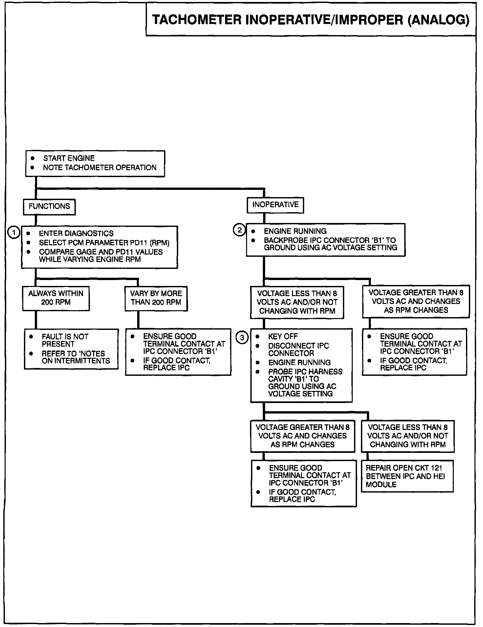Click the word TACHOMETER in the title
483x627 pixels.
[x=197, y=20]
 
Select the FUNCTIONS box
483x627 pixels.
[x=49, y=207]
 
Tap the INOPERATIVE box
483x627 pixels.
[x=275, y=205]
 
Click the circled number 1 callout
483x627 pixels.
[x=14, y=233]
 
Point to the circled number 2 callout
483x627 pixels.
[x=240, y=230]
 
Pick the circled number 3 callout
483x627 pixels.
[x=242, y=337]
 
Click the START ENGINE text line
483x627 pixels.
[x=69, y=158]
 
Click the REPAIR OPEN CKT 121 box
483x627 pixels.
[x=407, y=476]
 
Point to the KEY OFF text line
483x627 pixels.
[x=283, y=336]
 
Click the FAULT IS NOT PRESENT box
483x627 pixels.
[x=71, y=349]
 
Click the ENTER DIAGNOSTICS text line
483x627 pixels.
[x=76, y=233]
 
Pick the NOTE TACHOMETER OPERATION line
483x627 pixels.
[x=100, y=168]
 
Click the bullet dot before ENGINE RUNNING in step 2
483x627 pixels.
[x=253, y=231]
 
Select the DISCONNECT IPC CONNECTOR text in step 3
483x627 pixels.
[x=298, y=350]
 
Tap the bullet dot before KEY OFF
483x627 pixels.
[x=258, y=336]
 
